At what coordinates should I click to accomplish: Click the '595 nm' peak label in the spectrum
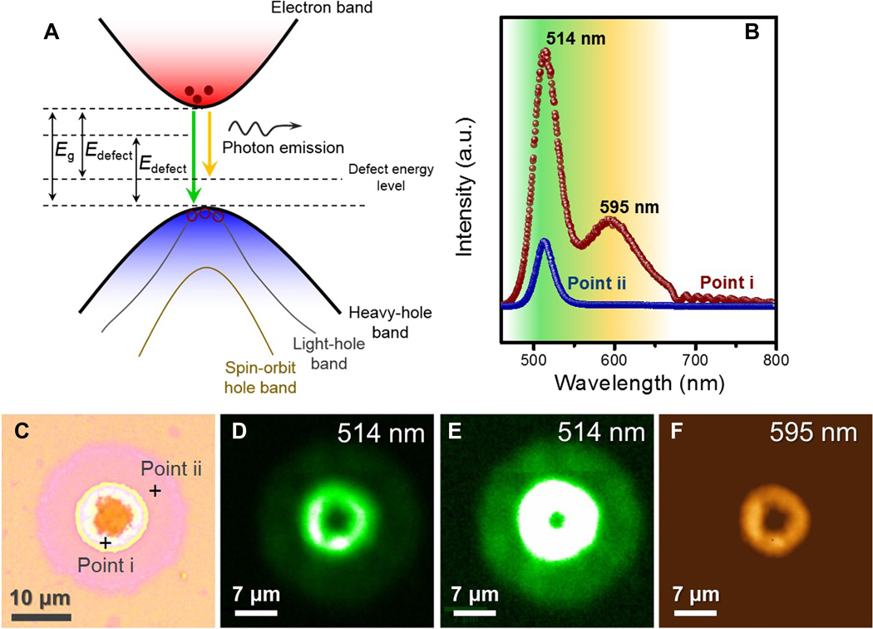click(627, 206)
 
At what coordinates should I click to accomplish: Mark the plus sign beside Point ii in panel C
click(155, 492)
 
